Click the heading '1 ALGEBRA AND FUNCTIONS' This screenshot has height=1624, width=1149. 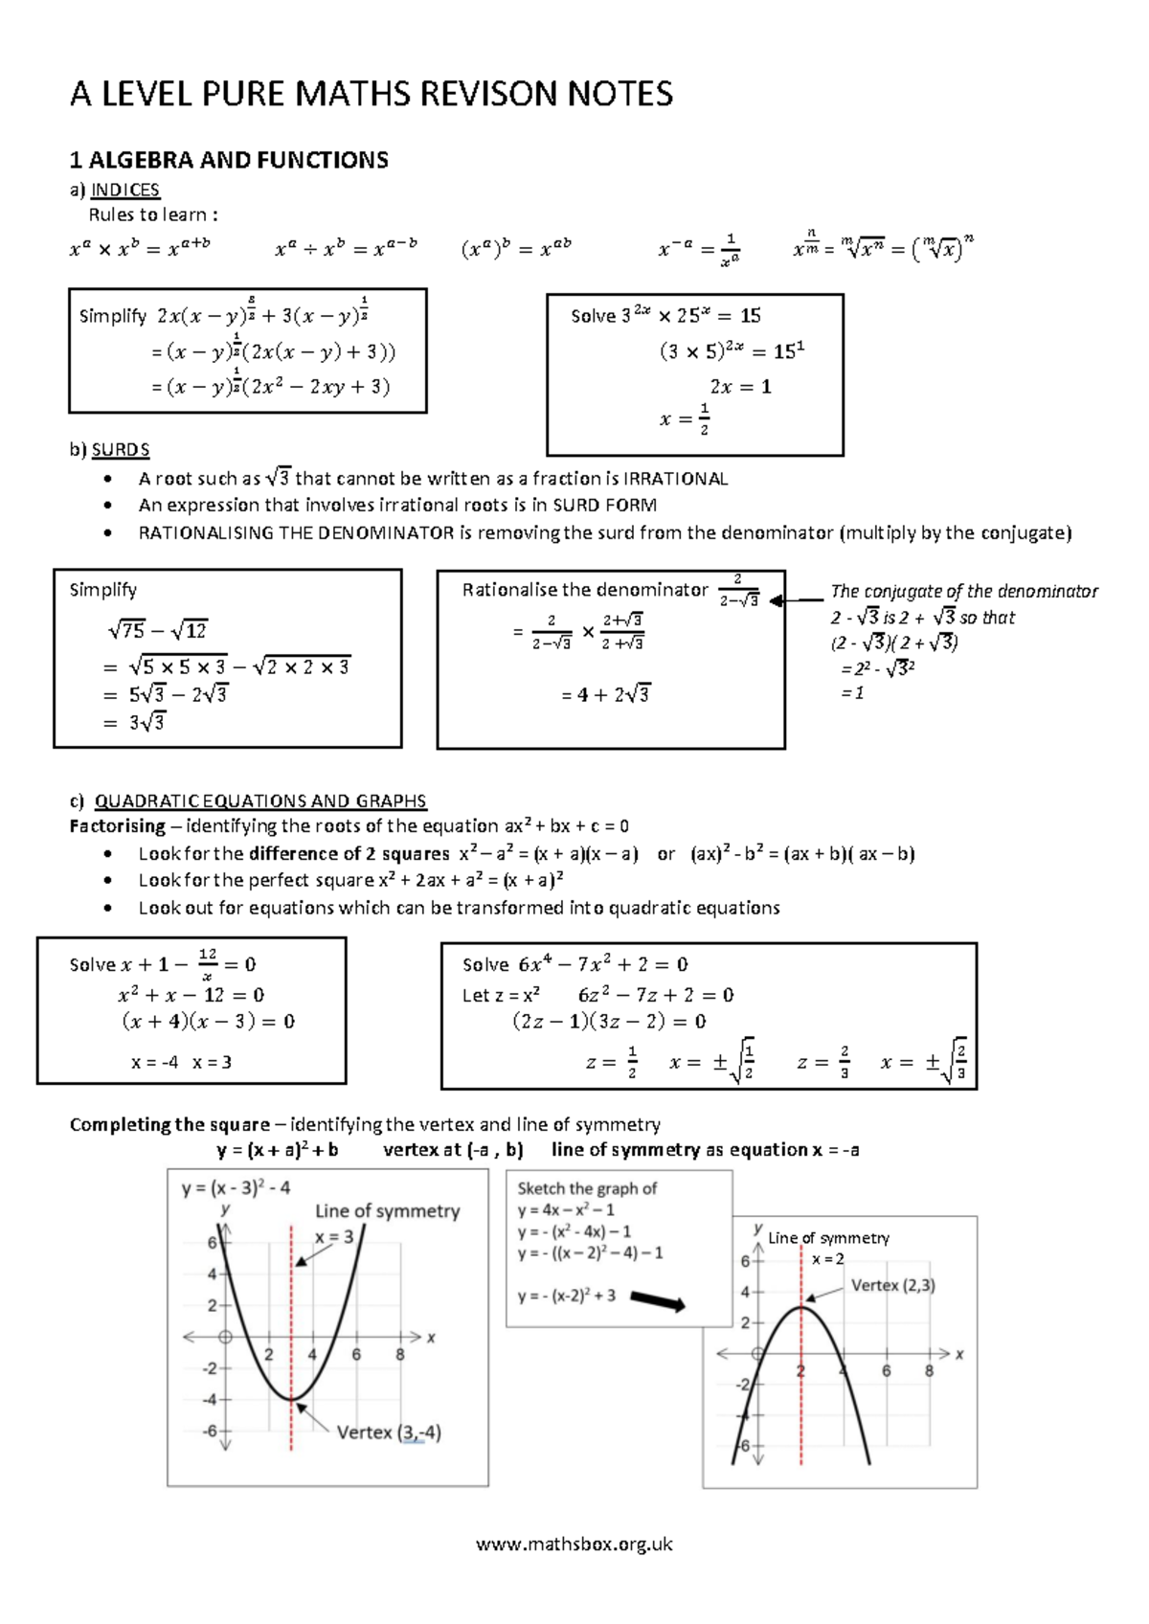coord(229,160)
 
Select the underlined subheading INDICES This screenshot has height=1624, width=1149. coord(125,190)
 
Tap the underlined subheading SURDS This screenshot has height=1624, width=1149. coord(121,449)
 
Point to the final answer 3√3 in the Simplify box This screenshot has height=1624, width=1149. coord(146,722)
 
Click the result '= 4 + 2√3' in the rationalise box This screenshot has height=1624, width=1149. coord(605,694)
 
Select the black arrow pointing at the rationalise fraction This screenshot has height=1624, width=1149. coord(795,601)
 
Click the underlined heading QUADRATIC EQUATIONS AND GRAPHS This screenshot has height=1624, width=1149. coord(260,801)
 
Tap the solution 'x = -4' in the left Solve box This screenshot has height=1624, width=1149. coord(154,1062)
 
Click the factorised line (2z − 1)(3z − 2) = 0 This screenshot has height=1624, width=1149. coord(609,1021)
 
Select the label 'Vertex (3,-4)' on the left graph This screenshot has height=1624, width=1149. coord(388,1432)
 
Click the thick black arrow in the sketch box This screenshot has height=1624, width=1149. coord(658,1301)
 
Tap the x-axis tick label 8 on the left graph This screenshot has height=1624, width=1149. coord(400,1355)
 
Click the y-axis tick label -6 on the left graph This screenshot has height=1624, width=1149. coord(210,1431)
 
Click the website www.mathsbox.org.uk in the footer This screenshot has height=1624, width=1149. coord(574,1544)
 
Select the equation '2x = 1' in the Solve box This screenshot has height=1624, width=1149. coord(740,387)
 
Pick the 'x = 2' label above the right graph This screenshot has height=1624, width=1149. coord(827,1259)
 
